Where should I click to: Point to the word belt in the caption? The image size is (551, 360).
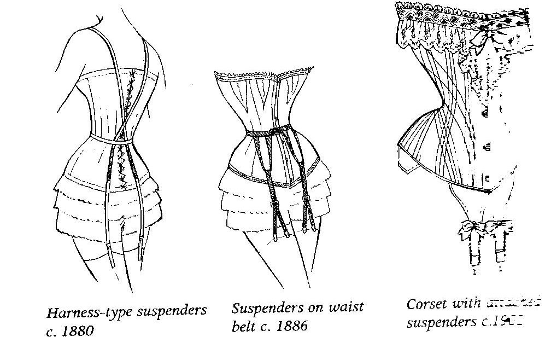pyautogui.click(x=244, y=327)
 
